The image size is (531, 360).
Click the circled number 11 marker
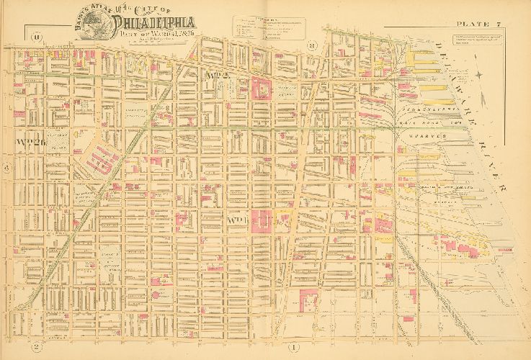(x=37, y=36)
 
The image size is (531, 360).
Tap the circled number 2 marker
(x=34, y=347)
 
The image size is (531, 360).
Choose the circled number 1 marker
(x=293, y=348)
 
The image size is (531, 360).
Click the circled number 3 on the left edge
(x=6, y=168)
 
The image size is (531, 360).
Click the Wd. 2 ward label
(x=217, y=75)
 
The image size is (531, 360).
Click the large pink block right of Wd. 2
(x=260, y=89)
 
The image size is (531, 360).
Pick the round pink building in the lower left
(x=153, y=295)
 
